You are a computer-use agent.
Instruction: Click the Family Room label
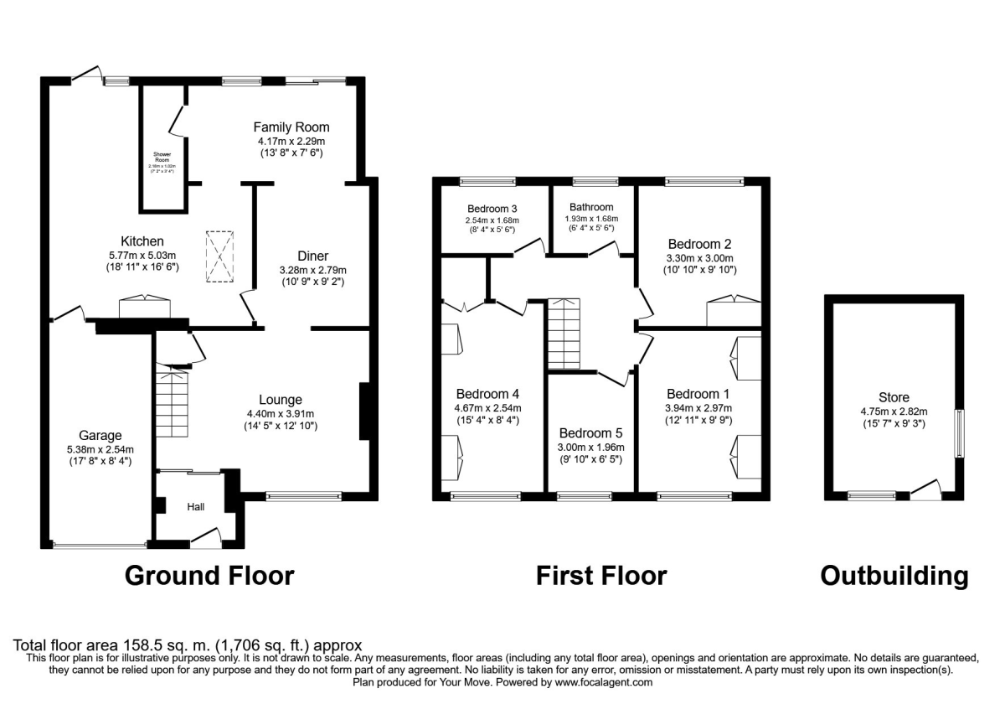pyautogui.click(x=291, y=127)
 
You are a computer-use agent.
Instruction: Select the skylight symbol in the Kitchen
pyautogui.click(x=219, y=256)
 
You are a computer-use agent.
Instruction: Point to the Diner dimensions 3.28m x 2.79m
pyautogui.click(x=312, y=270)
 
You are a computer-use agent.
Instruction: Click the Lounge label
pyautogui.click(x=280, y=400)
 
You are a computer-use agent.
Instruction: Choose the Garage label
pyautogui.click(x=100, y=435)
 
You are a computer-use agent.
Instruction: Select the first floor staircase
pyautogui.click(x=564, y=333)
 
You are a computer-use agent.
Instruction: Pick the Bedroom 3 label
pyautogui.click(x=492, y=208)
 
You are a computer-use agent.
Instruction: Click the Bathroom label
pyautogui.click(x=591, y=207)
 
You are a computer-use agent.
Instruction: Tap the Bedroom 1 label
pyautogui.click(x=693, y=394)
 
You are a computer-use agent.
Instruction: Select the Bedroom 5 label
pyautogui.click(x=591, y=433)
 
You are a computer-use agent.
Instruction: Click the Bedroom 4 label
pyautogui.click(x=487, y=394)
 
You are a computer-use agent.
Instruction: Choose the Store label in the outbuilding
pyautogui.click(x=894, y=397)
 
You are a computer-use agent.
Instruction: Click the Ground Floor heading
pyautogui.click(x=209, y=576)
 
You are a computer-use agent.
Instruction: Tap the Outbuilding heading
pyautogui.click(x=894, y=576)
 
